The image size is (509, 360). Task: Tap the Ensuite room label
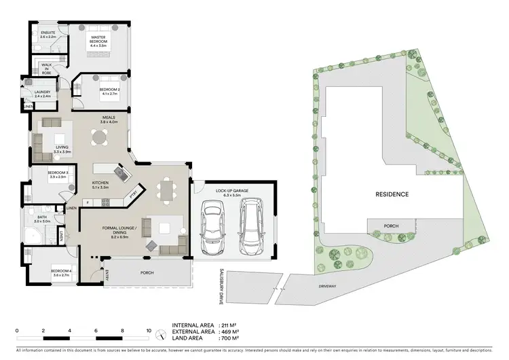pyautogui.click(x=48, y=35)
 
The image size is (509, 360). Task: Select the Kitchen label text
pyautogui.click(x=100, y=183)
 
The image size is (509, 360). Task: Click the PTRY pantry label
pyautogui.click(x=134, y=195)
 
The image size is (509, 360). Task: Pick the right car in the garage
pyautogui.click(x=251, y=224)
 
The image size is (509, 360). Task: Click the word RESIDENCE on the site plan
pyautogui.click(x=392, y=194)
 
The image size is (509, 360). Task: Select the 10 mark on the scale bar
pyautogui.click(x=148, y=331)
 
